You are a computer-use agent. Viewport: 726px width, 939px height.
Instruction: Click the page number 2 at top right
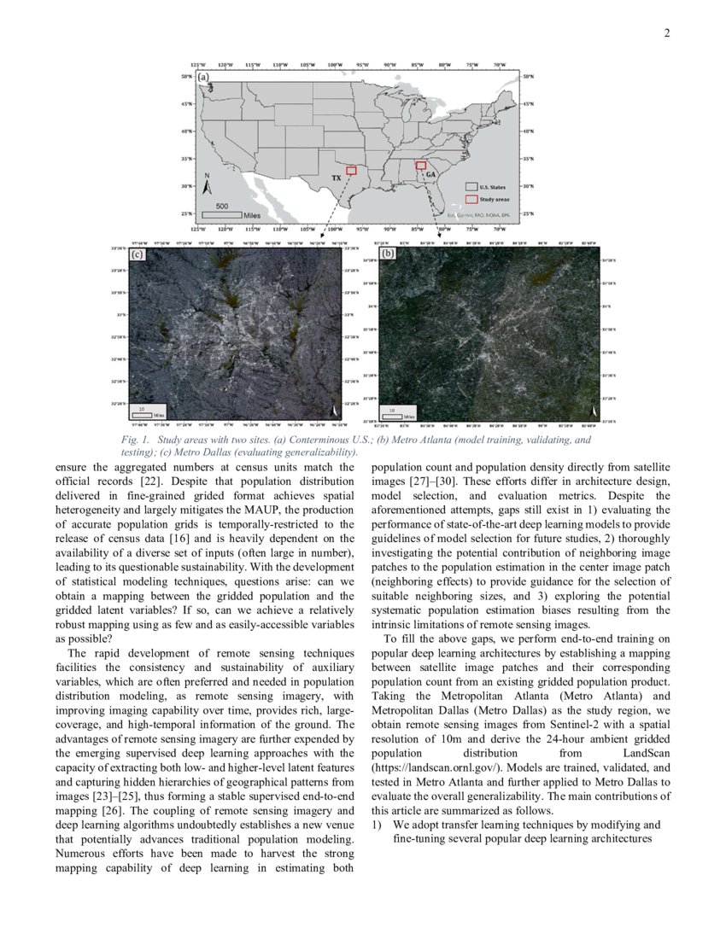(666, 33)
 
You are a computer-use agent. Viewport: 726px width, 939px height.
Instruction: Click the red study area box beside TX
(351, 171)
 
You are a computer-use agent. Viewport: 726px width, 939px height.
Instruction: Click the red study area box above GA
(420, 166)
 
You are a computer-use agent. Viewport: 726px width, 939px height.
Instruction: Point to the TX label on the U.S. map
(337, 180)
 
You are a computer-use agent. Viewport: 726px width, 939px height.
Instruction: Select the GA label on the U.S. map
(430, 174)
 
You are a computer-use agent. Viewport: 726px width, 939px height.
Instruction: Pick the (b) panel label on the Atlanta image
(389, 254)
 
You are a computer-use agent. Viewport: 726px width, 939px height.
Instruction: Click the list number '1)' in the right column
(377, 825)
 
